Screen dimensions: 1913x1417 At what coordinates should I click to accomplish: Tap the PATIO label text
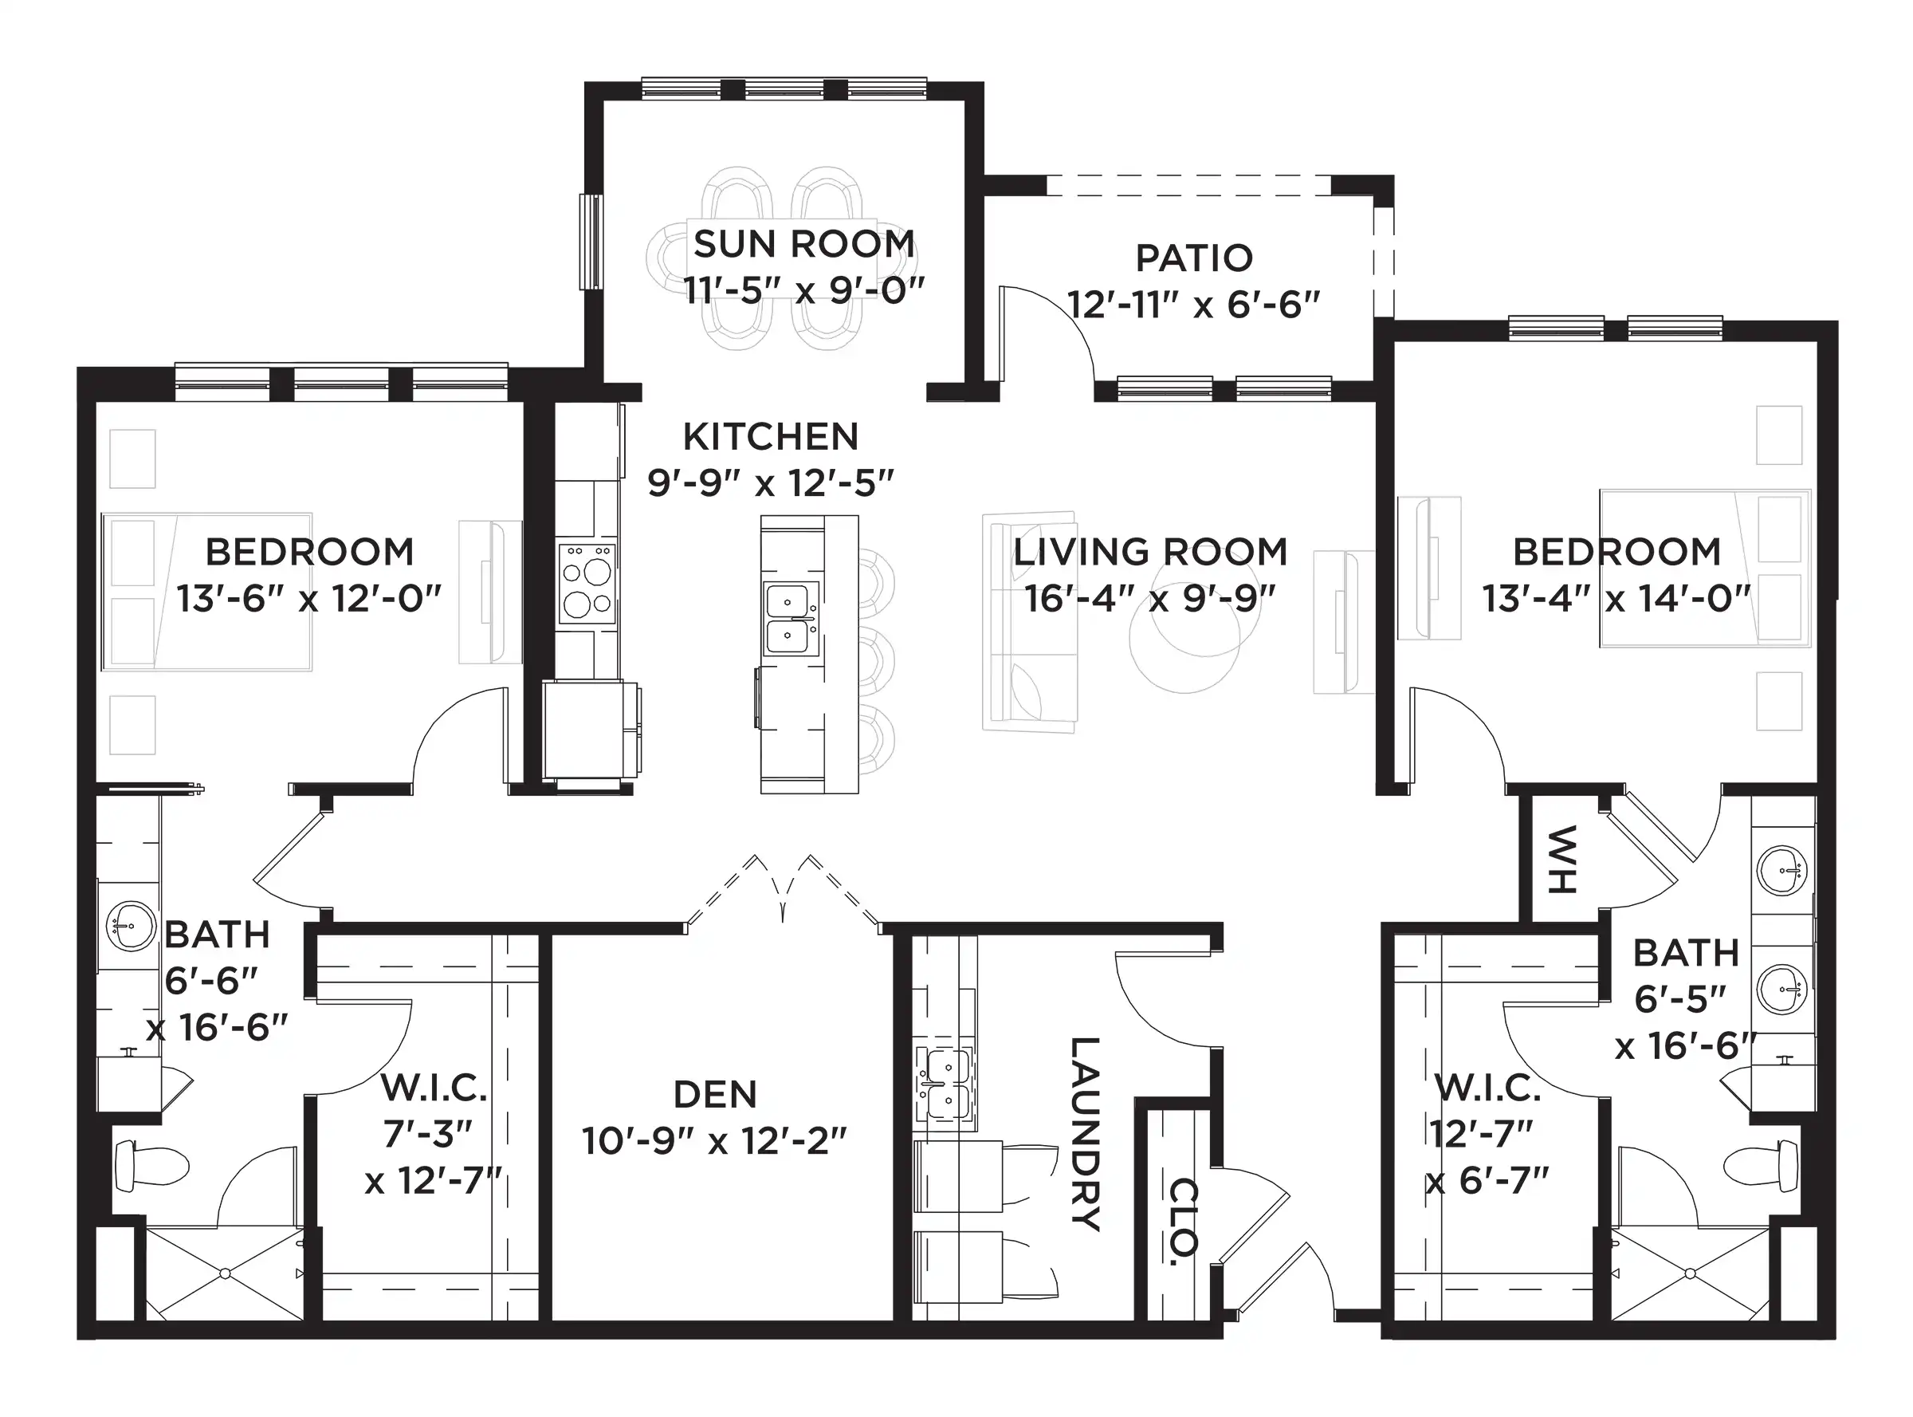pyautogui.click(x=1193, y=258)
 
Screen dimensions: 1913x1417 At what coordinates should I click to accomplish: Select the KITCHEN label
pyautogui.click(x=770, y=437)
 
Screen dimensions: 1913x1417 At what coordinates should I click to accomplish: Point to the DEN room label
pyautogui.click(x=715, y=1095)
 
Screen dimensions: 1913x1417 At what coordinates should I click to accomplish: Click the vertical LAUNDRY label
pyautogui.click(x=1085, y=1134)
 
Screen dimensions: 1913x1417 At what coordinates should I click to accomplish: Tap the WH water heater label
pyautogui.click(x=1562, y=860)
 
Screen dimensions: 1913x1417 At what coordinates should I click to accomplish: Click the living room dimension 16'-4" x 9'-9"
pyautogui.click(x=1150, y=598)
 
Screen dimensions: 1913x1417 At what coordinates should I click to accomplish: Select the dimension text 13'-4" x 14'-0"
pyautogui.click(x=1616, y=598)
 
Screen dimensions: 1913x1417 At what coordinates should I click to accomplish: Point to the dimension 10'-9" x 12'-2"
pyautogui.click(x=714, y=1141)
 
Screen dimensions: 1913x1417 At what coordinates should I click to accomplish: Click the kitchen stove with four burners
pyautogui.click(x=587, y=583)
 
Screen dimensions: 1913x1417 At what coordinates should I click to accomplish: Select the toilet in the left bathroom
pyautogui.click(x=151, y=1165)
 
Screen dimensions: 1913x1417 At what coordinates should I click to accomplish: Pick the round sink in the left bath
pyautogui.click(x=132, y=927)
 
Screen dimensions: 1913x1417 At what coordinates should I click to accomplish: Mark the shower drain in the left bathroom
pyautogui.click(x=225, y=1273)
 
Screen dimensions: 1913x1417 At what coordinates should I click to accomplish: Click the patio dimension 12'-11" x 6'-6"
pyautogui.click(x=1193, y=304)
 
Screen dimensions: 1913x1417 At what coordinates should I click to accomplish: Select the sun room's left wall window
pyautogui.click(x=591, y=242)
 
